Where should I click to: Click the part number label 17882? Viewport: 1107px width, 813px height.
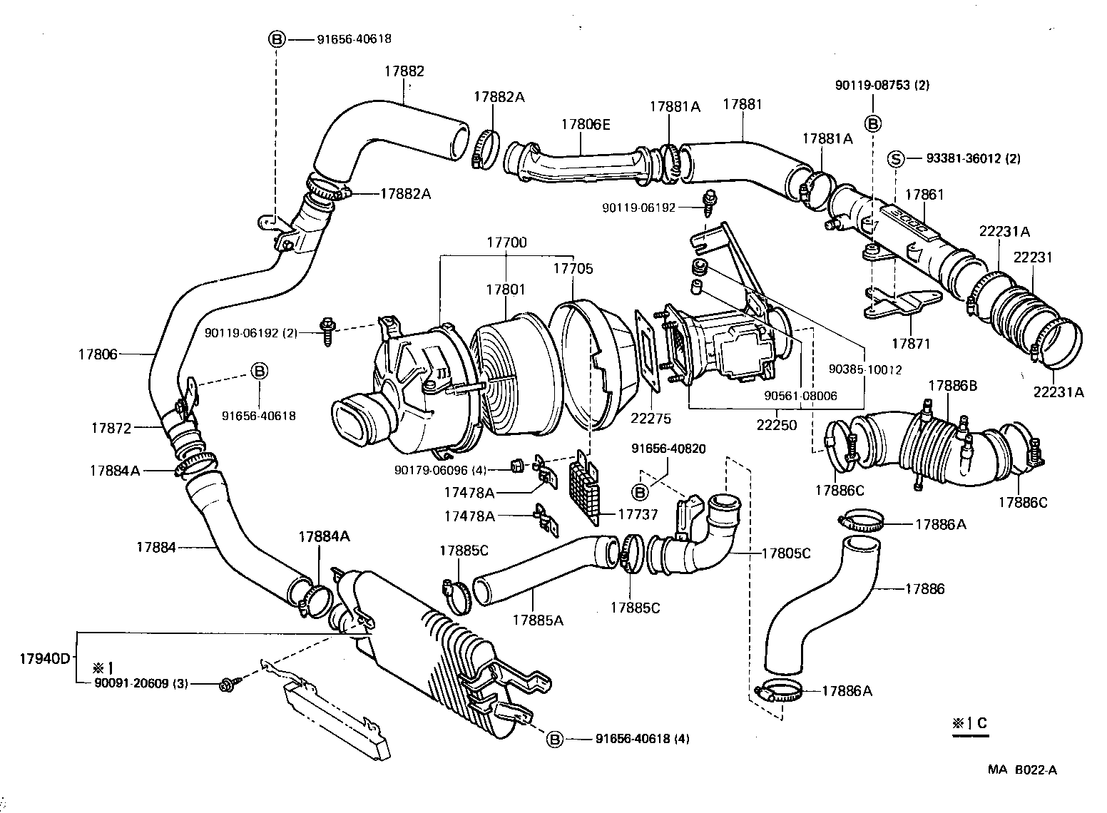[x=404, y=71]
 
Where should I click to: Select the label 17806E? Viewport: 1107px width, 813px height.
[x=585, y=123]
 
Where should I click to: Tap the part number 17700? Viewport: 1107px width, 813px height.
[x=506, y=242]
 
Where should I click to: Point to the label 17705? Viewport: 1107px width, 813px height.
[x=573, y=269]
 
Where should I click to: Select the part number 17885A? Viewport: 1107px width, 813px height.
[x=537, y=620]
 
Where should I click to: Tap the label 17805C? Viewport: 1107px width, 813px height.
[x=786, y=553]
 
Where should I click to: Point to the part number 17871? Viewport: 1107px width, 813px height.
[x=910, y=343]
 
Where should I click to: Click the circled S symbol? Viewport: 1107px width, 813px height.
[x=895, y=158]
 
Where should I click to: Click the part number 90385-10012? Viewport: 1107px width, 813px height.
[x=865, y=369]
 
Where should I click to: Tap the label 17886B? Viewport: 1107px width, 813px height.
[x=952, y=386]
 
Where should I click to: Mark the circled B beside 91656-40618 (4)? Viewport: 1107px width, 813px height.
[x=554, y=740]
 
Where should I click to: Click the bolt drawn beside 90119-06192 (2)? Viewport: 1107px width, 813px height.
[x=327, y=332]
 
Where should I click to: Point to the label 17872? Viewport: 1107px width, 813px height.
[x=111, y=428]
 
